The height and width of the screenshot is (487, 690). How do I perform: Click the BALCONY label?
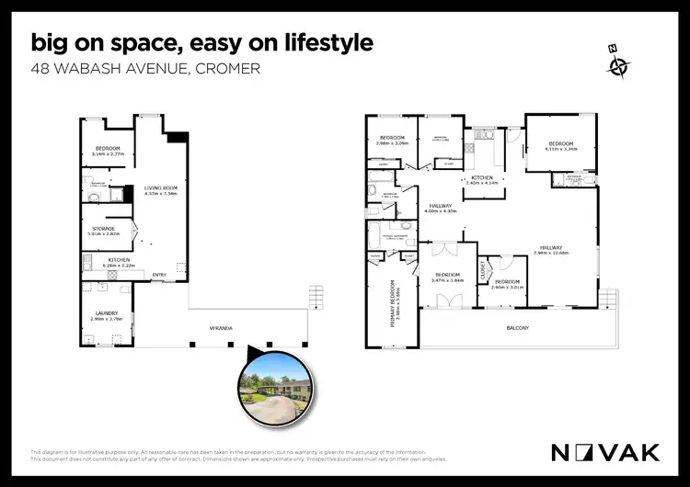[517, 328]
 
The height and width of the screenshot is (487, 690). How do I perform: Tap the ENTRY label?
[159, 273]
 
